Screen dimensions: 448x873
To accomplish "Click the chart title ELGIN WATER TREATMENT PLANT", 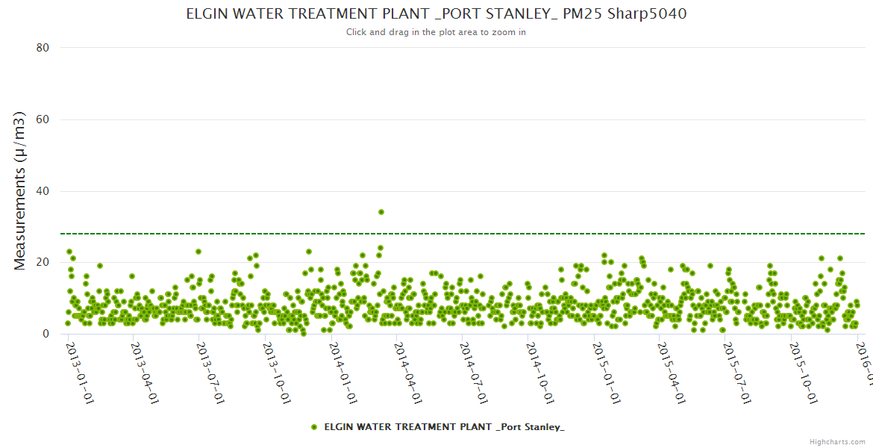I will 436,13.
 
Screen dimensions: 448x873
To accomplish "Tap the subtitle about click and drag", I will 436,32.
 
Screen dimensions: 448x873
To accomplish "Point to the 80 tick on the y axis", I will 43,48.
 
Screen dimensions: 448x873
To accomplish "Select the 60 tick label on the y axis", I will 43,119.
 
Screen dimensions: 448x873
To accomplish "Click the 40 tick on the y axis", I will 43,191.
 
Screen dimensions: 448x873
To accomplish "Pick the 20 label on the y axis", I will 43,262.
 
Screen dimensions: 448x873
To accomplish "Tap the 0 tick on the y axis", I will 46,334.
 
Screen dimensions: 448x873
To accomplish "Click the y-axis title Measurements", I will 20,190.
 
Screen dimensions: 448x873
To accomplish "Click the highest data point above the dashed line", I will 381,212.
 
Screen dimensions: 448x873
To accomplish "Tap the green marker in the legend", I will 314,427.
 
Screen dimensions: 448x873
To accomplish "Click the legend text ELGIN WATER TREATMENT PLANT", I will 444,427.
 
